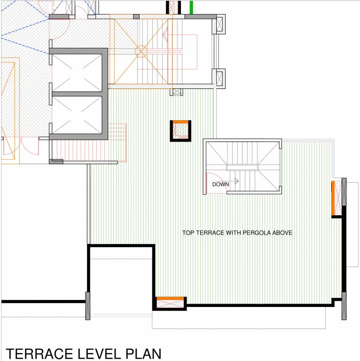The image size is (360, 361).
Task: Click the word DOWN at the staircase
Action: [x=220, y=184]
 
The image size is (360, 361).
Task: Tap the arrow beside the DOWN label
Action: [x=236, y=180]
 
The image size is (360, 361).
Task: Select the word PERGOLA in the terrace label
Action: [x=243, y=233]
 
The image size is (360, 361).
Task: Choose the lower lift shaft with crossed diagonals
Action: [x=77, y=115]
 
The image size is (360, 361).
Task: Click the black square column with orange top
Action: [x=180, y=130]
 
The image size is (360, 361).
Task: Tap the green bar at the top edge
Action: [x=191, y=8]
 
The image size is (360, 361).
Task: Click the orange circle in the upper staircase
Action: [x=141, y=51]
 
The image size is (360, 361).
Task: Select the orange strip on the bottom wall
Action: [x=170, y=299]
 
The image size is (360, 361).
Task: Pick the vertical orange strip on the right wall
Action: [x=333, y=197]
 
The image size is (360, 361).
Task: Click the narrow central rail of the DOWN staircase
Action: [x=242, y=167]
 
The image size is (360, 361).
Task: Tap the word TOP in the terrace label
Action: [x=188, y=233]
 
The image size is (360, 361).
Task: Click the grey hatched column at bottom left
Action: [x=87, y=306]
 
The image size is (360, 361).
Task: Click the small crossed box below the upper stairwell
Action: [x=177, y=92]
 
